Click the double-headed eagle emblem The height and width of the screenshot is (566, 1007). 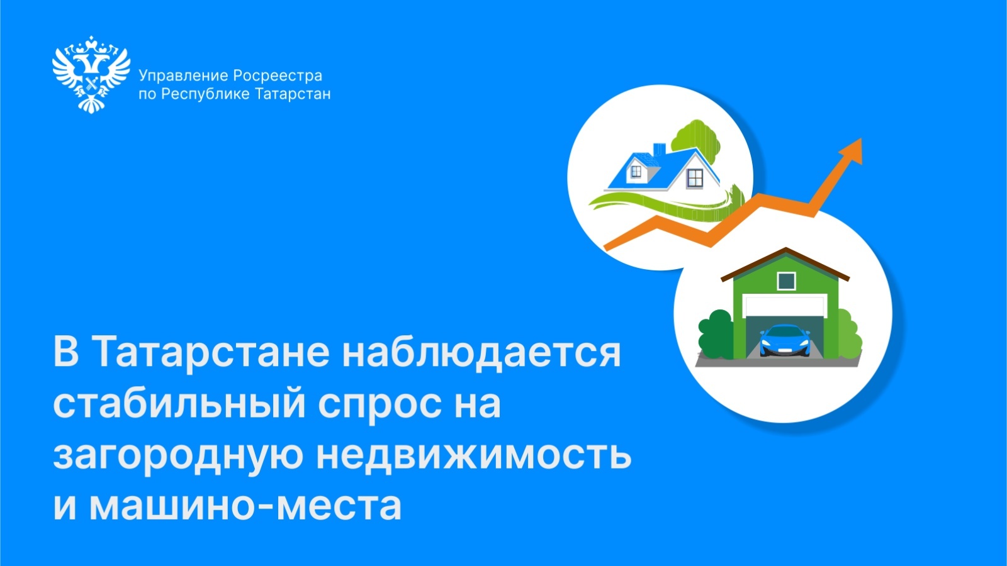91,74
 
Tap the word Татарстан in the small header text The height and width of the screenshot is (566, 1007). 293,94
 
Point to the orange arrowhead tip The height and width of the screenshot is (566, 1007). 861,139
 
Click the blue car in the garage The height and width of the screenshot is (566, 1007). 785,340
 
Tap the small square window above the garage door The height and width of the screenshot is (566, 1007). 786,281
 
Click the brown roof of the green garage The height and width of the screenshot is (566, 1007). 785,264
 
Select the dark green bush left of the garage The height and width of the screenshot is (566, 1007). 716,334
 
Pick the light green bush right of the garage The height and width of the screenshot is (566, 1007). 849,335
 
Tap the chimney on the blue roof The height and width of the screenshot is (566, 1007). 659,150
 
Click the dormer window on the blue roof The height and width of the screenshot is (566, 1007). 636,171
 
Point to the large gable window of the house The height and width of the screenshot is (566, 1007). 695,179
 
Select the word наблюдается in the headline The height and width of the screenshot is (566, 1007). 481,352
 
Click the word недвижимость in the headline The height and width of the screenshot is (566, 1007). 474,455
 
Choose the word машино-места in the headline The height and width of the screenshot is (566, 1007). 245,506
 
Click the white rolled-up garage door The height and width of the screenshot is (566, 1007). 785,306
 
